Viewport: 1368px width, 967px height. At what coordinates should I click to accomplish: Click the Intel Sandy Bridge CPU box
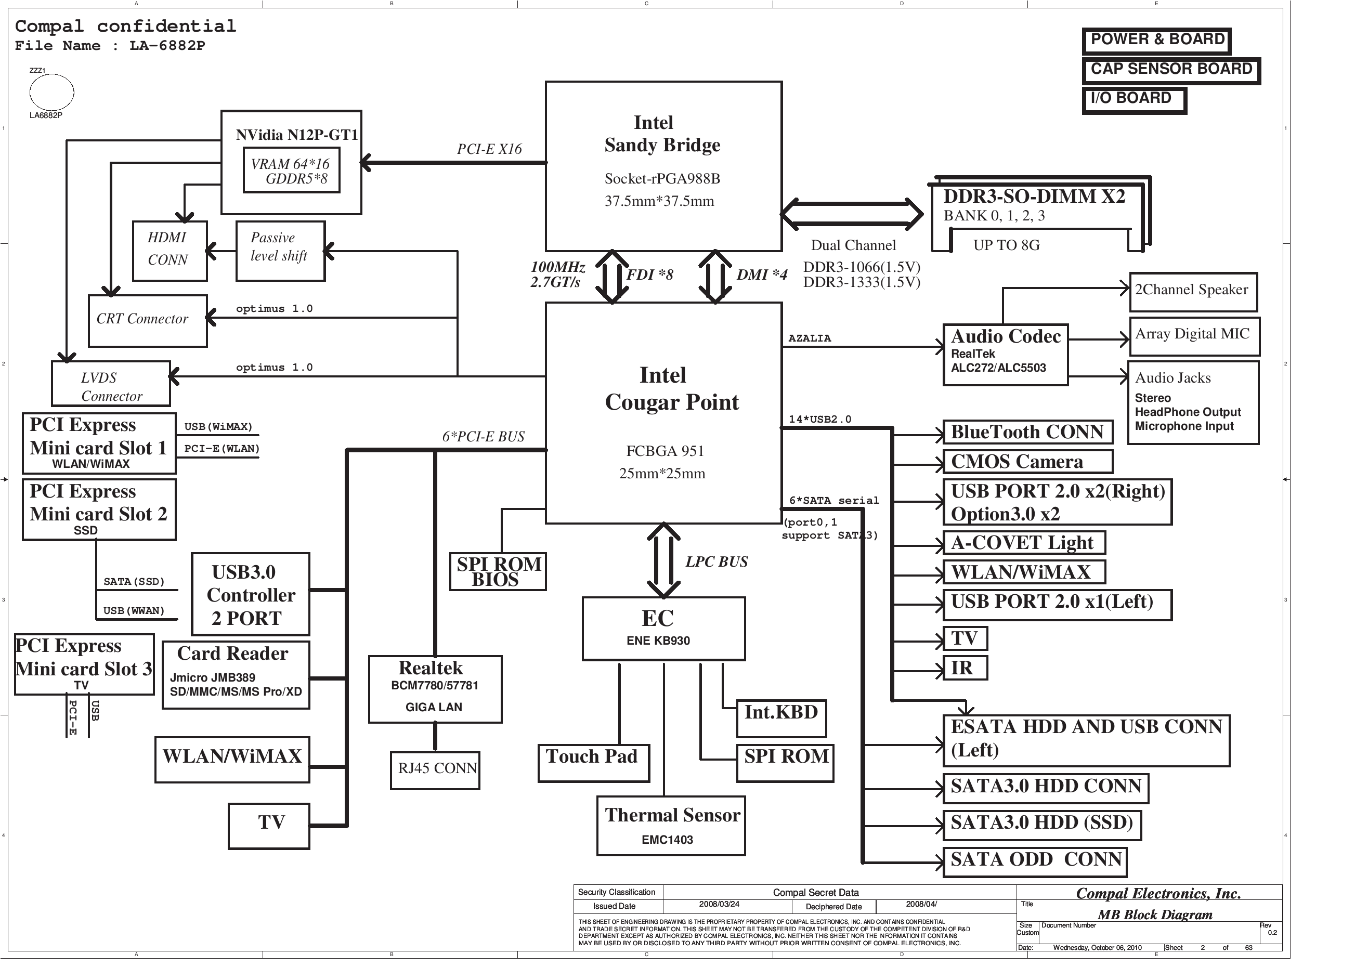coord(663,166)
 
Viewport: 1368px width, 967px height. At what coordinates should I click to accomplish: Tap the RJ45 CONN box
coord(435,770)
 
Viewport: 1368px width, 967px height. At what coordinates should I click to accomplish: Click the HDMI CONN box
coord(169,250)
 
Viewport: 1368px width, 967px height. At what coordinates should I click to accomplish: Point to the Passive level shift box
coord(280,250)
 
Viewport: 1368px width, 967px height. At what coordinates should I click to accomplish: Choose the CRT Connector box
coord(147,321)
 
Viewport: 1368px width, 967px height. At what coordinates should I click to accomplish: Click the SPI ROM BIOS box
coord(498,571)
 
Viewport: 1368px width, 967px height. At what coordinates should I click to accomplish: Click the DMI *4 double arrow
coord(714,277)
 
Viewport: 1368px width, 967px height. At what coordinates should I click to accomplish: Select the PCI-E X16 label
coord(489,149)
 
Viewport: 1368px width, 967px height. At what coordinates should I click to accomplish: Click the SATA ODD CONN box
coord(1035,861)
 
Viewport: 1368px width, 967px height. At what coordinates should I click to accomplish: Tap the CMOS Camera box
coord(1027,462)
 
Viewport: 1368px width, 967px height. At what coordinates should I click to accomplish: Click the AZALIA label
coord(809,338)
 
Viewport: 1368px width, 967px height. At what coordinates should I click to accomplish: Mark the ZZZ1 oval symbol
coord(51,93)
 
